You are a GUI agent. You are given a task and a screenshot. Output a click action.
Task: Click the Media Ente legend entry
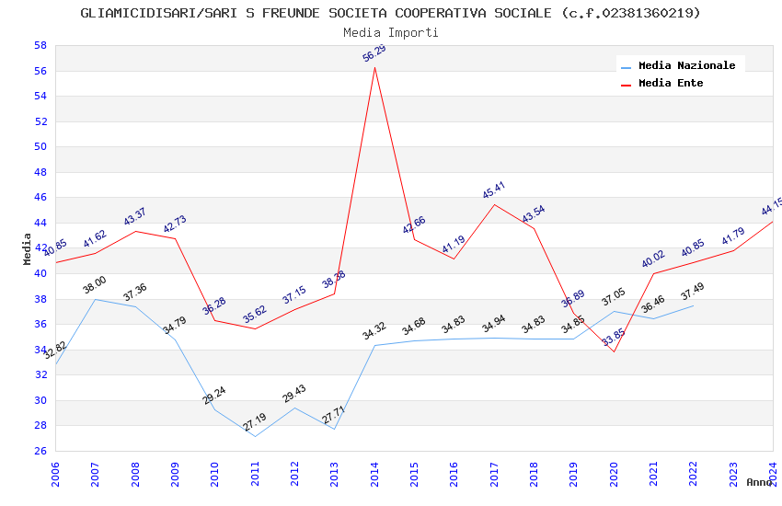[671, 84]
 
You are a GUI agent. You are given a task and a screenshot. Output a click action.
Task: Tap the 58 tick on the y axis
[40, 45]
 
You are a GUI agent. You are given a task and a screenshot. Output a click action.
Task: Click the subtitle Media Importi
[391, 33]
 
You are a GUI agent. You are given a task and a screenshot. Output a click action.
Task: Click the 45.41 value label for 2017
[494, 190]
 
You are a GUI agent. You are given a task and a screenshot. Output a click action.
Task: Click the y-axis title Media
[28, 248]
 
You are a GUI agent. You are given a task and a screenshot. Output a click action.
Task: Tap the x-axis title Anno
[759, 482]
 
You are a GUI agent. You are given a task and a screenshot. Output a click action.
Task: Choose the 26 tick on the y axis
[40, 451]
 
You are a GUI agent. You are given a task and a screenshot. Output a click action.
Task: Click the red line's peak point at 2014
[374, 67]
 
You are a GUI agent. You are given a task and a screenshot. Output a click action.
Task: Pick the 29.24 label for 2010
[214, 396]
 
